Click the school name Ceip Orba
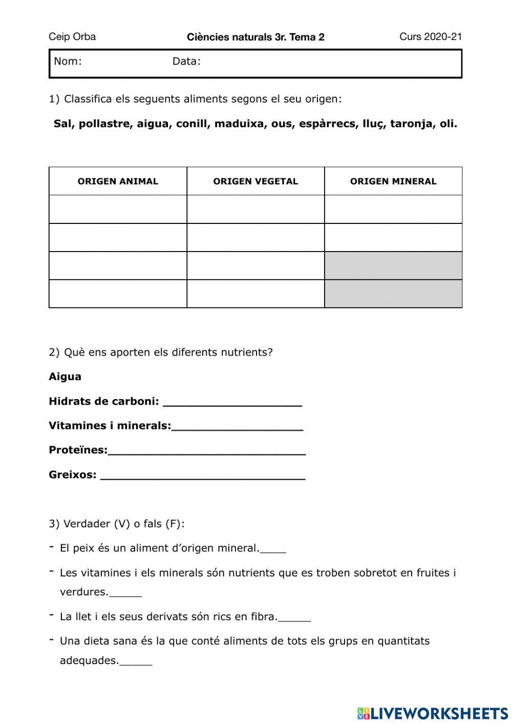click(x=72, y=37)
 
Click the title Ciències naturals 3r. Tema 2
click(x=255, y=37)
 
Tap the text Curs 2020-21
click(x=431, y=37)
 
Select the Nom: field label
click(x=68, y=61)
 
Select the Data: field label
click(x=186, y=61)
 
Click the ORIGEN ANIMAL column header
click(x=118, y=181)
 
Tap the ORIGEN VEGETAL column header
click(x=255, y=181)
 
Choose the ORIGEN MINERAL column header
click(x=393, y=181)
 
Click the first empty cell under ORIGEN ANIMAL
click(x=118, y=209)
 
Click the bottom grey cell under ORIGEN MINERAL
click(x=393, y=294)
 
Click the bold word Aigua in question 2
click(x=65, y=377)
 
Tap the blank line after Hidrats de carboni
click(x=232, y=402)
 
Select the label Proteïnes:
click(x=78, y=450)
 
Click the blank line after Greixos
click(x=203, y=475)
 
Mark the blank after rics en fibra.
click(x=294, y=618)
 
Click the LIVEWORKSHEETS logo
click(x=433, y=713)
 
